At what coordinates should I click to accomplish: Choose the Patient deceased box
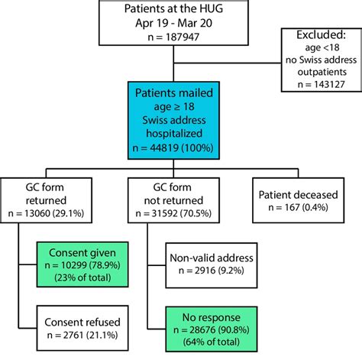[x=299, y=199]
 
